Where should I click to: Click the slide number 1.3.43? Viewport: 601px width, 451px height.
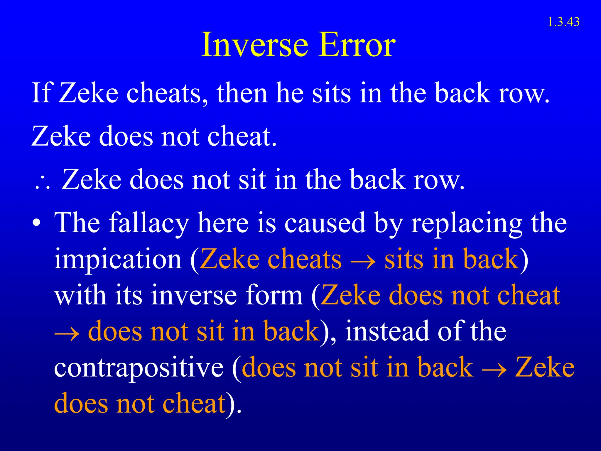563,22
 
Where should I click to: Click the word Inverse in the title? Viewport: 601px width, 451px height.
254,45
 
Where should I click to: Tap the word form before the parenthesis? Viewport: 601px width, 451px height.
274,295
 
